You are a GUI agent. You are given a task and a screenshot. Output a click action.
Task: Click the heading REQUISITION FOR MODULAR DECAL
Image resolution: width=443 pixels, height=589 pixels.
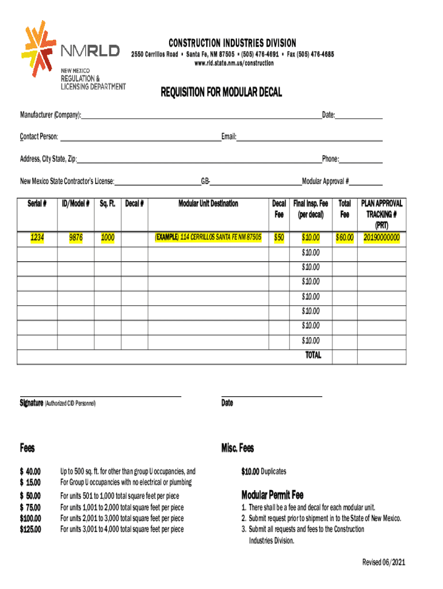pyautogui.click(x=221, y=93)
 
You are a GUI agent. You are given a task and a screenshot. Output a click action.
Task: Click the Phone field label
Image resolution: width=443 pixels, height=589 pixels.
pyautogui.click(x=330, y=159)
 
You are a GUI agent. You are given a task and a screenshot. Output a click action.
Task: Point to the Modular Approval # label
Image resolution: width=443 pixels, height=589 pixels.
pyautogui.click(x=326, y=182)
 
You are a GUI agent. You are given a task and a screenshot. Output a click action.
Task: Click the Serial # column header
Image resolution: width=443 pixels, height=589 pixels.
pyautogui.click(x=37, y=204)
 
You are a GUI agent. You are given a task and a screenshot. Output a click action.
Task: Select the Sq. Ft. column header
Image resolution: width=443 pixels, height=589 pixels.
pyautogui.click(x=108, y=204)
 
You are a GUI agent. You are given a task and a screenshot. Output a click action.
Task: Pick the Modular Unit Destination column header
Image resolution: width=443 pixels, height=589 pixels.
pyautogui.click(x=208, y=204)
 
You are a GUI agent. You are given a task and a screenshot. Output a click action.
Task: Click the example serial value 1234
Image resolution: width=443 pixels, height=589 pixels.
pyautogui.click(x=37, y=237)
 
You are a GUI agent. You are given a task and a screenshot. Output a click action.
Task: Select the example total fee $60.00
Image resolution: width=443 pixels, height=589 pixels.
pyautogui.click(x=345, y=237)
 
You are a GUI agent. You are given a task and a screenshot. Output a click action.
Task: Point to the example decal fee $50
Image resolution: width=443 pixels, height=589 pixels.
pyautogui.click(x=279, y=237)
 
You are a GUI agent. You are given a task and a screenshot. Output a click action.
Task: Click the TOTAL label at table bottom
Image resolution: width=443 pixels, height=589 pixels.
pyautogui.click(x=313, y=355)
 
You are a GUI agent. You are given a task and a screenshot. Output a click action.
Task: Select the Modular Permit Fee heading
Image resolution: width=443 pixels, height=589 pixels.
pyautogui.click(x=272, y=495)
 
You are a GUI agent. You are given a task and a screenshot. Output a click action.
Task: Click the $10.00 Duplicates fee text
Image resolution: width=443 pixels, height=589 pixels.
pyautogui.click(x=263, y=472)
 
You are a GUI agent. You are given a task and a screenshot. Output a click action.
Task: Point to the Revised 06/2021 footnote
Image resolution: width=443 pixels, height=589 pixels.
pyautogui.click(x=384, y=563)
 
